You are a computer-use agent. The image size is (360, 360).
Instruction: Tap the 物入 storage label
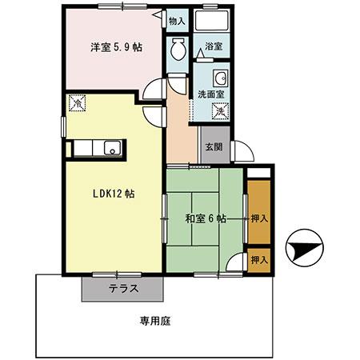177,22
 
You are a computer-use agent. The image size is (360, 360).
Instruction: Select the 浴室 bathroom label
213,47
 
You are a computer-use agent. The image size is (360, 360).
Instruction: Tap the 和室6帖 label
205,218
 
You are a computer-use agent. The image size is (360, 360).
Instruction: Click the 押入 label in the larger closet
258,217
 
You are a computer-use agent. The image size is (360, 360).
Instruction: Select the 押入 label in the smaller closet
258,260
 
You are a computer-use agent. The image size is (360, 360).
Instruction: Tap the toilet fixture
178,47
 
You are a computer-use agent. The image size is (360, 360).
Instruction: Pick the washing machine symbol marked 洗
223,112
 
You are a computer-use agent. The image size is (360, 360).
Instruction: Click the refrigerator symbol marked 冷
78,103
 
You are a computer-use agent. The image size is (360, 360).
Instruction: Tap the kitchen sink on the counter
113,146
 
